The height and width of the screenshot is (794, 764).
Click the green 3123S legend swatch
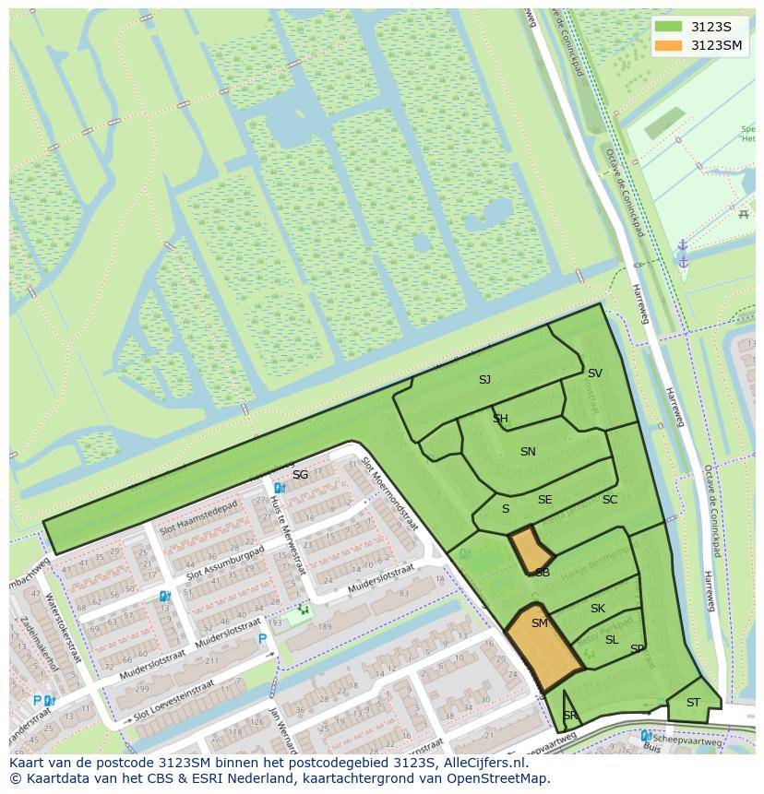click(x=669, y=27)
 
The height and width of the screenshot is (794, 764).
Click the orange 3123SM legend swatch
click(x=669, y=45)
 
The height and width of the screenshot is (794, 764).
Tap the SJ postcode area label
click(x=484, y=379)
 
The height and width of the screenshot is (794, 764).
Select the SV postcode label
click(x=595, y=373)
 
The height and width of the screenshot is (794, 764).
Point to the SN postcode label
click(x=528, y=452)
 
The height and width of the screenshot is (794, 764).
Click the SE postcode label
click(x=544, y=500)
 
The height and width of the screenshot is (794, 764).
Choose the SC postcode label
click(x=609, y=500)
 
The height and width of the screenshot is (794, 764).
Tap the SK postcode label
click(x=597, y=609)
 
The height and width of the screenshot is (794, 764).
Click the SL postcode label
click(x=612, y=640)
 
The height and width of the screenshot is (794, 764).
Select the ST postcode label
click(x=693, y=703)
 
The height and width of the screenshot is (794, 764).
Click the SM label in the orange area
click(x=540, y=623)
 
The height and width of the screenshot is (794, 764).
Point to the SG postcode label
click(x=300, y=475)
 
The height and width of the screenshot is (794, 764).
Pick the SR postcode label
click(x=569, y=717)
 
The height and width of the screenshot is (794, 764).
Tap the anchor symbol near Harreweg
click(x=683, y=253)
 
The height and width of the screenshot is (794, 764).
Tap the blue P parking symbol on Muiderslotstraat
click(x=262, y=638)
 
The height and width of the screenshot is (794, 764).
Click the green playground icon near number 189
click(x=303, y=610)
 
